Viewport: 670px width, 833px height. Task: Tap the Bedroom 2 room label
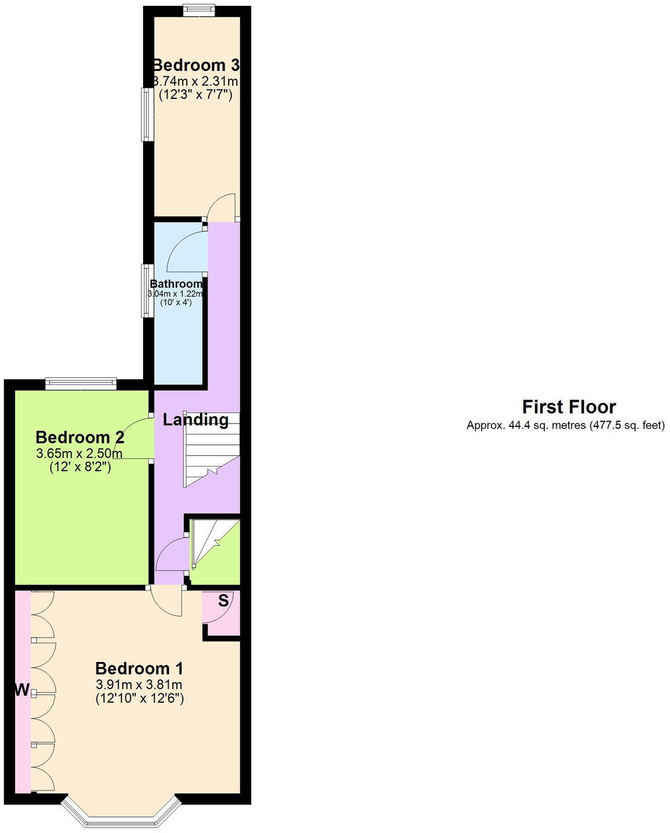(x=80, y=437)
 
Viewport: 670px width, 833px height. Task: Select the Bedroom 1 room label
(x=140, y=668)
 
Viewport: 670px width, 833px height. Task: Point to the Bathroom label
(x=176, y=284)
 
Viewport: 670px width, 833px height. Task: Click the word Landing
(x=195, y=419)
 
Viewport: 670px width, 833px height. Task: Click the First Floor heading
(x=568, y=407)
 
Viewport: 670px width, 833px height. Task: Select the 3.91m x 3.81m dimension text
(x=140, y=684)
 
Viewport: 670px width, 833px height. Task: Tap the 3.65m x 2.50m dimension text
(x=80, y=453)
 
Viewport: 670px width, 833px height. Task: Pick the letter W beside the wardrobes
(x=22, y=690)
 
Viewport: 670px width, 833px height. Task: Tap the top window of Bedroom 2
(x=81, y=383)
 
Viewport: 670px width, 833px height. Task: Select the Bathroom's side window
(x=147, y=291)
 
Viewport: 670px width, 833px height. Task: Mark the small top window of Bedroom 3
(x=198, y=10)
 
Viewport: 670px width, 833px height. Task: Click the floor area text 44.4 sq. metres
(x=527, y=425)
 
